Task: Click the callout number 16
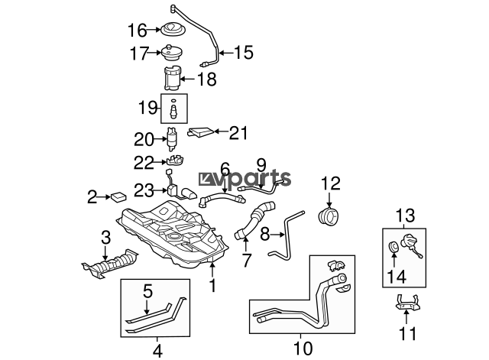click(137, 31)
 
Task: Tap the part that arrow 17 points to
click(171, 54)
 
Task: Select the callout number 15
click(243, 53)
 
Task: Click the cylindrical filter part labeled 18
click(172, 78)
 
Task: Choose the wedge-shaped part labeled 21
click(201, 132)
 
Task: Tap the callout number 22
click(144, 163)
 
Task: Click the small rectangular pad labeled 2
click(118, 198)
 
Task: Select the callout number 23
click(144, 190)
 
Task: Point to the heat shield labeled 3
click(110, 264)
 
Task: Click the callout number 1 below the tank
click(212, 285)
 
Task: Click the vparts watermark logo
click(244, 179)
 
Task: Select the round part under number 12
click(329, 216)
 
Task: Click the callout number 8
click(265, 234)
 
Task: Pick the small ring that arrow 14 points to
click(394, 246)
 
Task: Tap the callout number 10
click(303, 348)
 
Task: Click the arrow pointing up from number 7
click(246, 245)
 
